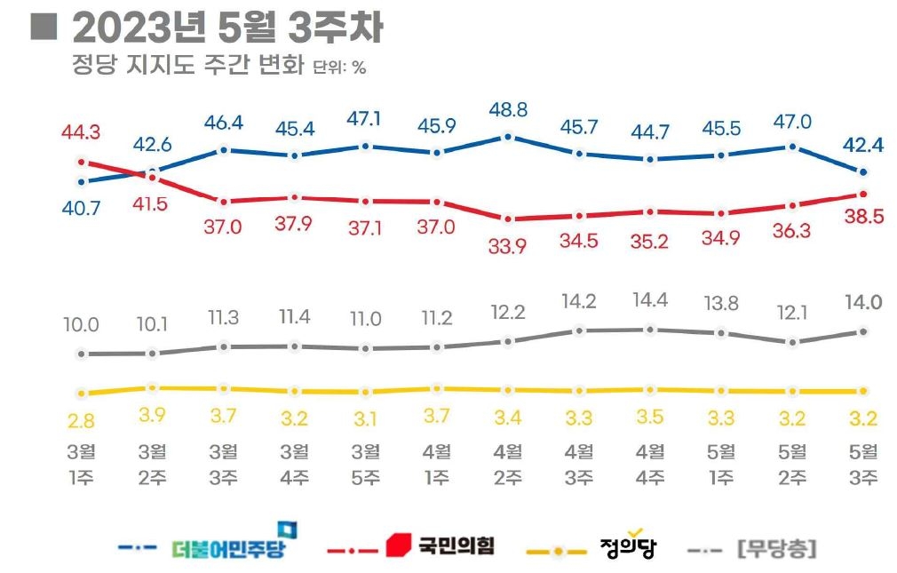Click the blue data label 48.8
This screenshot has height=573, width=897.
tap(507, 111)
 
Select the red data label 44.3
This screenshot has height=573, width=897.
tap(81, 133)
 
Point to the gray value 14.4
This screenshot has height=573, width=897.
tap(650, 299)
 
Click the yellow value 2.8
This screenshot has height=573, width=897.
tap(81, 419)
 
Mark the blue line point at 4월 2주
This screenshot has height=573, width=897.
tap(507, 136)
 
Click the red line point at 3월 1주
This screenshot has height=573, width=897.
tap(81, 162)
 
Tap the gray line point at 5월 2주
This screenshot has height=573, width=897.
tap(792, 342)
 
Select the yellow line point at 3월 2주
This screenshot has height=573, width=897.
tap(152, 387)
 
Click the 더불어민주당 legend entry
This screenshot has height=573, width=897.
tap(229, 547)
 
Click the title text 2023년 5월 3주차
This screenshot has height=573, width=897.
tap(227, 28)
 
